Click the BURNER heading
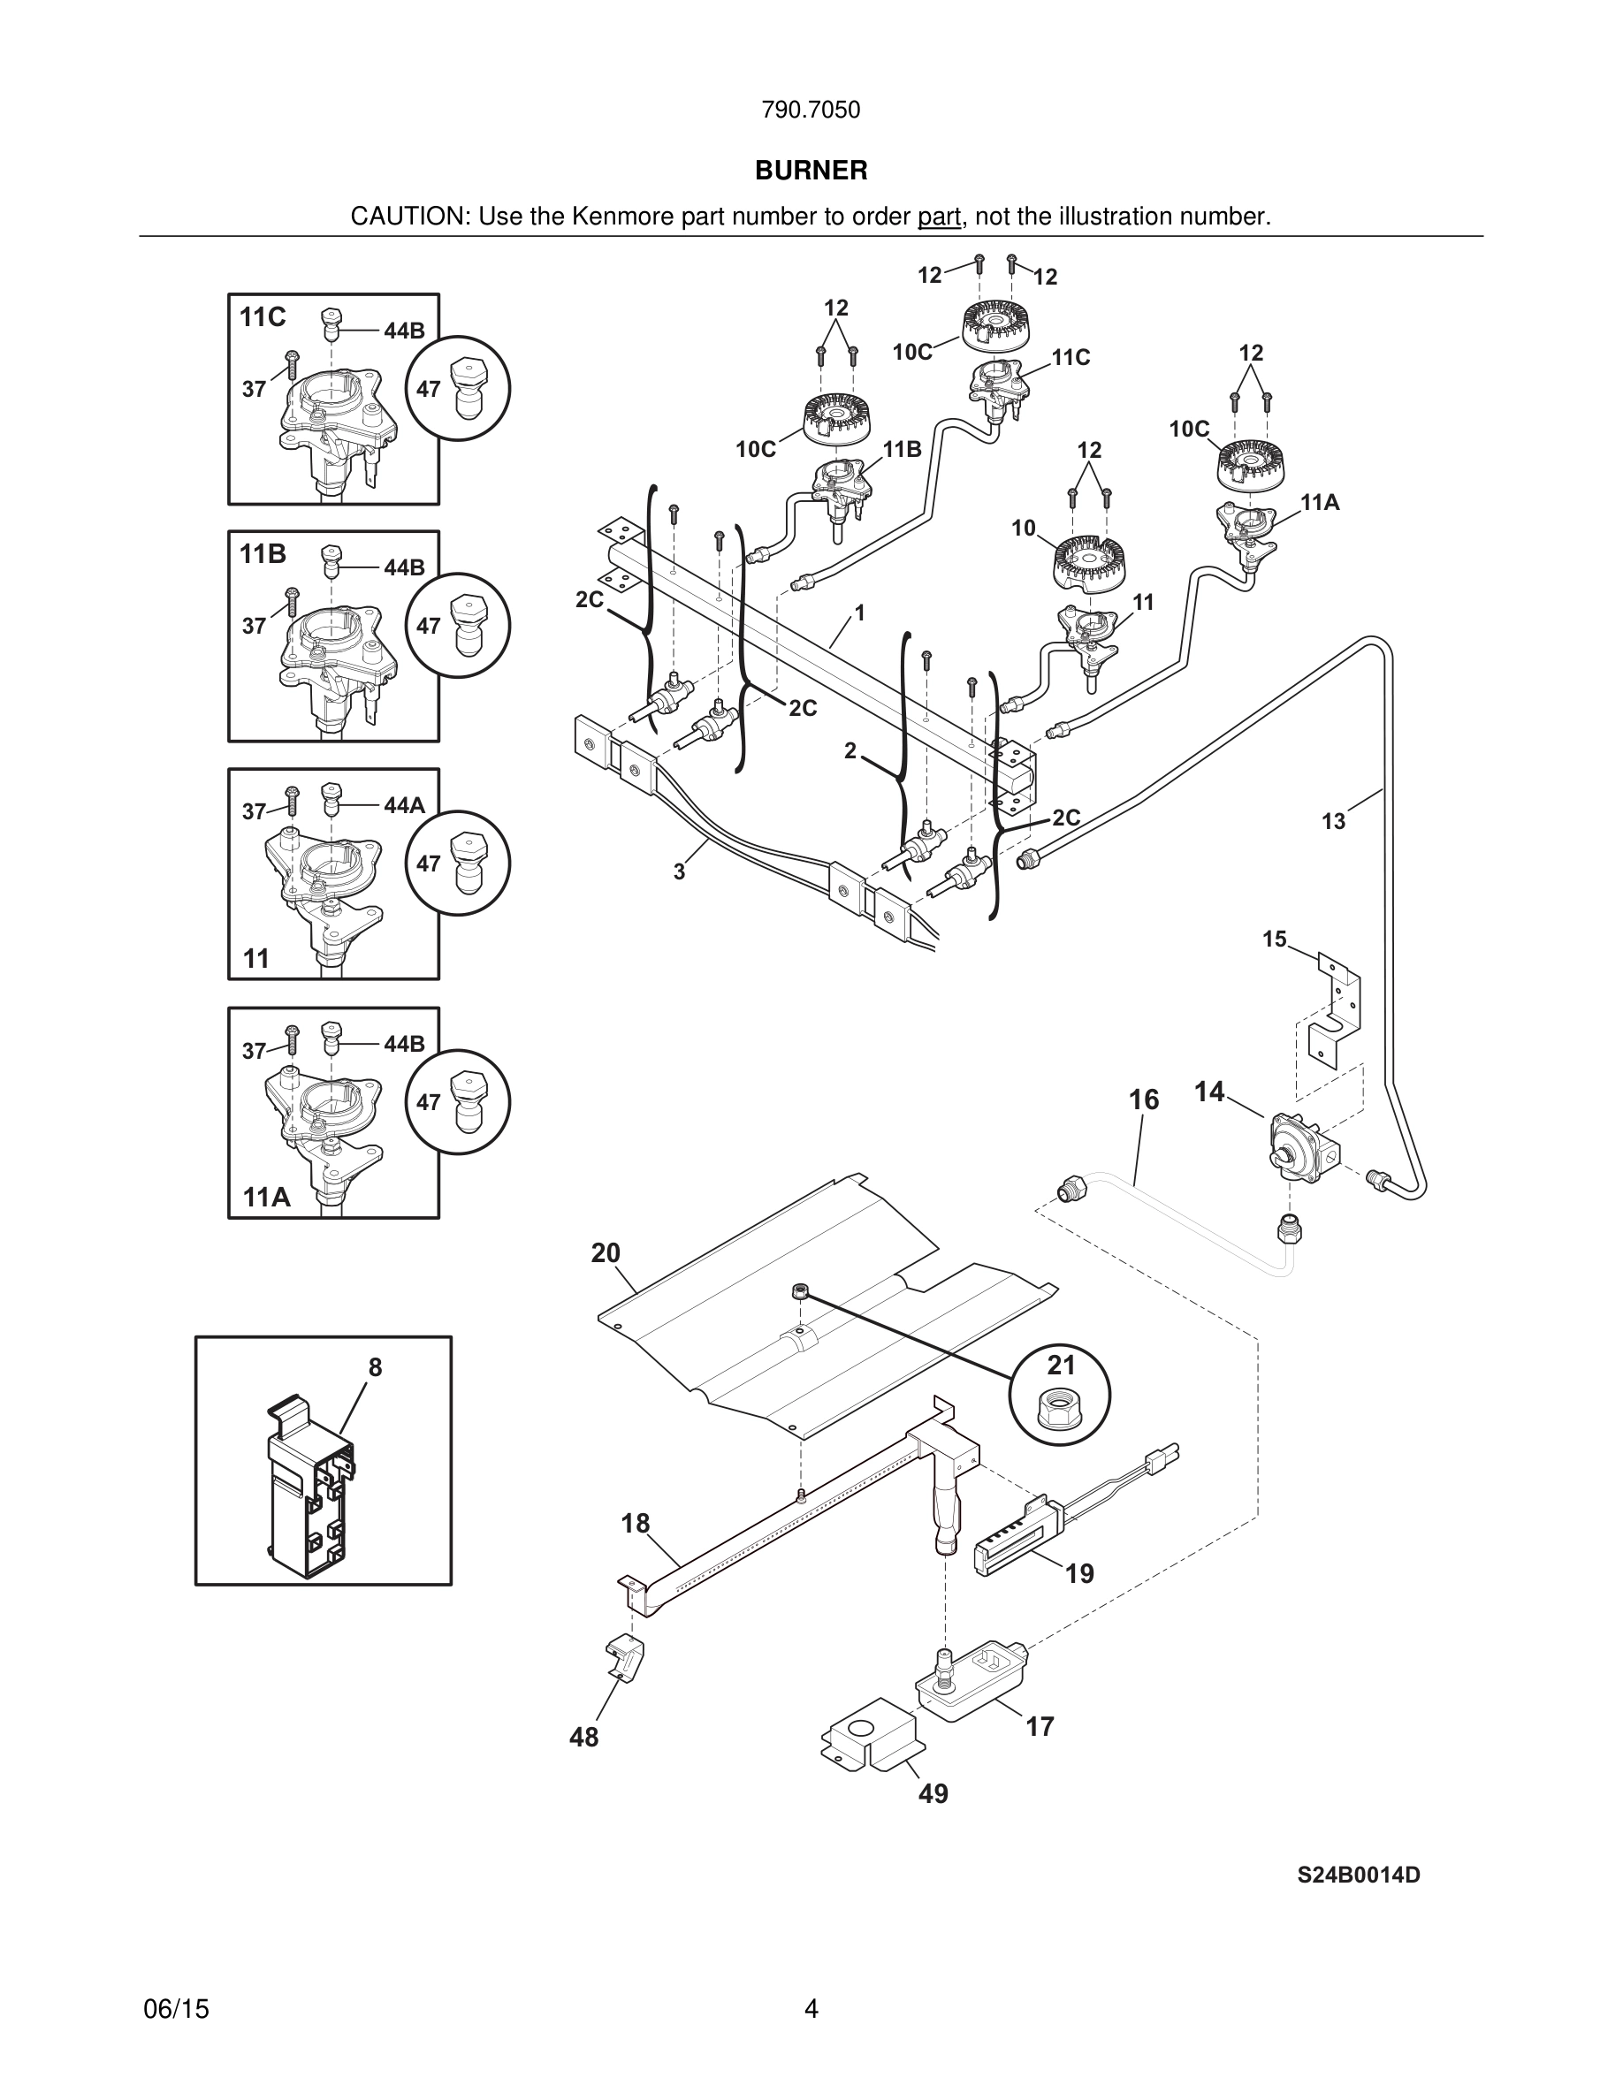coord(811,171)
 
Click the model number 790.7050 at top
coord(811,110)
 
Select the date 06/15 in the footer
coord(176,2009)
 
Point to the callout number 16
coord(1143,1099)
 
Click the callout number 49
coord(933,1793)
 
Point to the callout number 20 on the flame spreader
coord(606,1253)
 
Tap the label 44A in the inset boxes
coord(404,806)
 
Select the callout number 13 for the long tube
coord(1333,821)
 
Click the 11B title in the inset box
coord(263,554)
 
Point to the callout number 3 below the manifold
coord(679,872)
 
